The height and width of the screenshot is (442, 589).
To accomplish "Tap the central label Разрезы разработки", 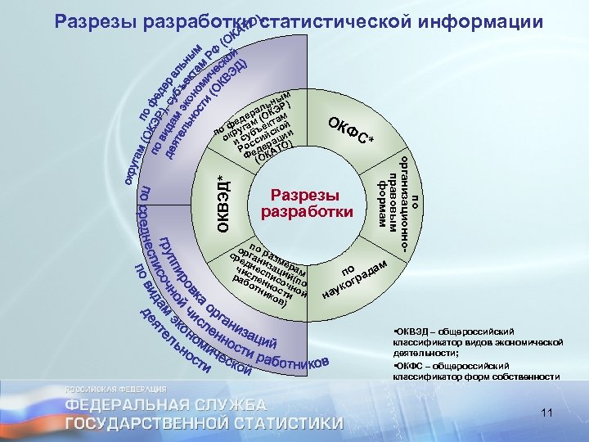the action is tap(306, 203).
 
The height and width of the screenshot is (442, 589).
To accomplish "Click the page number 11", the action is tap(549, 415).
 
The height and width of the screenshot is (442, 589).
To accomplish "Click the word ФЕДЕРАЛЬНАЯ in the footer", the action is tap(124, 404).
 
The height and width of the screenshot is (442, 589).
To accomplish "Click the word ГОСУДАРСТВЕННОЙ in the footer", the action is tap(137, 423).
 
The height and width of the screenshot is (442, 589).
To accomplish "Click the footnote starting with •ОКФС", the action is tap(478, 371).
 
